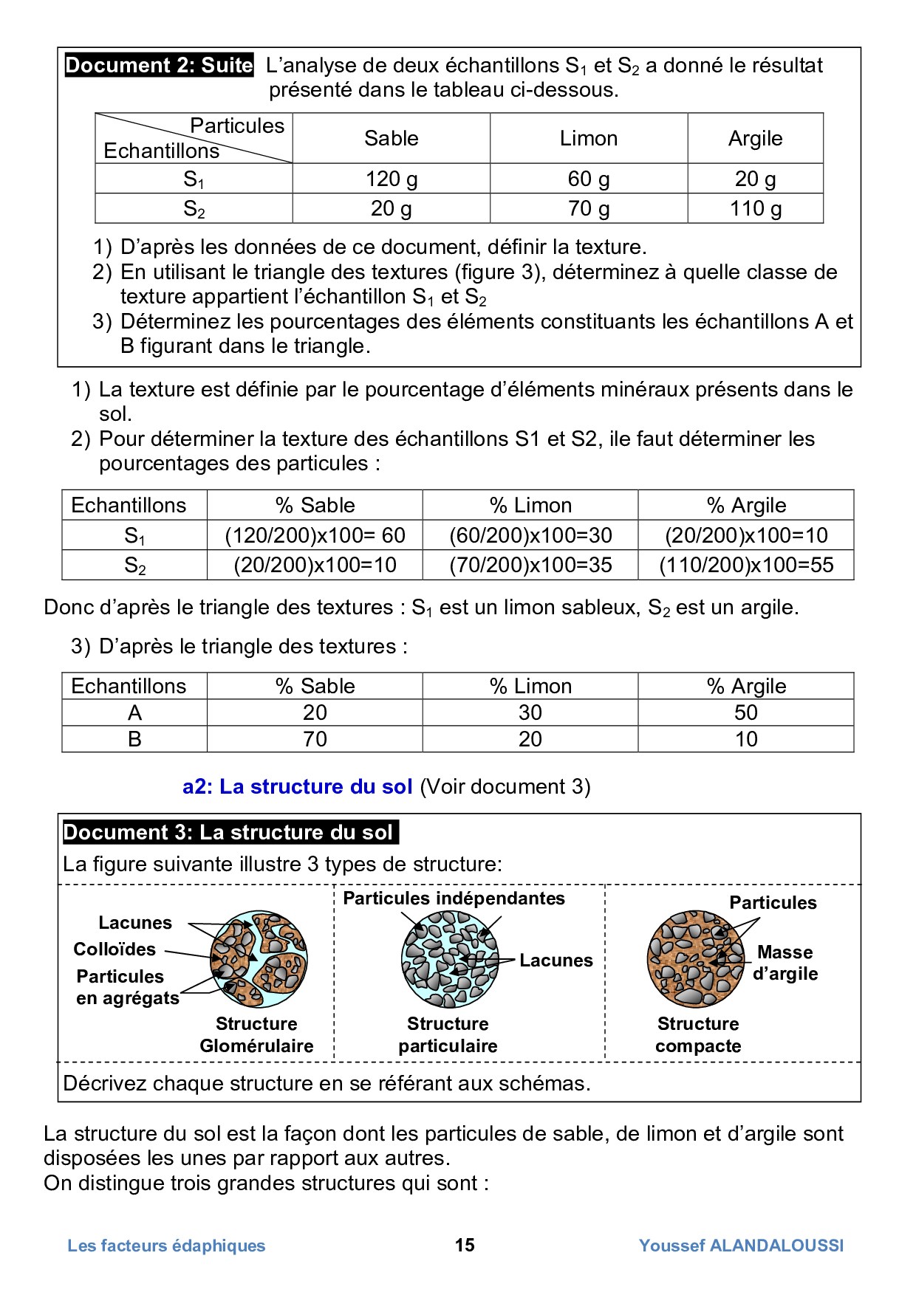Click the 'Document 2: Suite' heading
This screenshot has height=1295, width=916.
[159, 65]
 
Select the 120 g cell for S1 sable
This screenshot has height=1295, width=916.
[392, 179]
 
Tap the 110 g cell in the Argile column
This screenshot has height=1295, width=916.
[755, 209]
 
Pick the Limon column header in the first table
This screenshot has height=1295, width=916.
[588, 138]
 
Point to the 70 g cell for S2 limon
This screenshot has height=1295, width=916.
[588, 209]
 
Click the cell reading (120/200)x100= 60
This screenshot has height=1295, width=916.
[315, 535]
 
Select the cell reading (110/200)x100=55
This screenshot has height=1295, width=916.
[746, 566]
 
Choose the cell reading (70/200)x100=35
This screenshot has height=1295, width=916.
[530, 566]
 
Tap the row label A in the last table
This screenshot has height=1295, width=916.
[134, 713]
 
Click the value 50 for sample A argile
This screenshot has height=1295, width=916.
[746, 713]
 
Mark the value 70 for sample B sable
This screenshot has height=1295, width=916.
[315, 740]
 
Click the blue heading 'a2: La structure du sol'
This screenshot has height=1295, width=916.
[297, 787]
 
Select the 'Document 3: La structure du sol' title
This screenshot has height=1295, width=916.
[229, 832]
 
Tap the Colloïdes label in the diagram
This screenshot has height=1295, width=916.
[115, 949]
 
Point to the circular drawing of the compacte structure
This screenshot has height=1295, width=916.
[695, 959]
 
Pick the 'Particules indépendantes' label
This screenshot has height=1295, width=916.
[454, 899]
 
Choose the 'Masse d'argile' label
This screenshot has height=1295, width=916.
[785, 963]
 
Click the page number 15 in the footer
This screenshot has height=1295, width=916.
[465, 1246]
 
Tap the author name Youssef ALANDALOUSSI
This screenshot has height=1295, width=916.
[741, 1246]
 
